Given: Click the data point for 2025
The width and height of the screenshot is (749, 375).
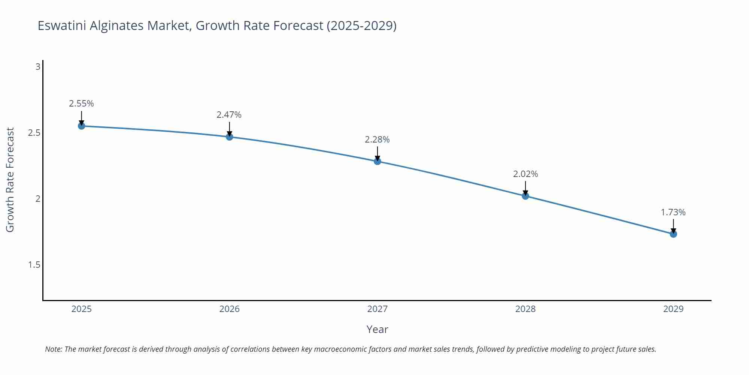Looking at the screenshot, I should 81,126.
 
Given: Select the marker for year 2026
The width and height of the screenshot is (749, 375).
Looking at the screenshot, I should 230,137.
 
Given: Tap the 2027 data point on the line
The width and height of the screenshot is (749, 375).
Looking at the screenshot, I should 377,161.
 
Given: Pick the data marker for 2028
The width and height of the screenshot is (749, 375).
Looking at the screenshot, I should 525,196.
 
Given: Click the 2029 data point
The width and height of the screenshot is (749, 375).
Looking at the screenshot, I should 673,234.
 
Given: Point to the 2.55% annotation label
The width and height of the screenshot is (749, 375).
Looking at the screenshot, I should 81,103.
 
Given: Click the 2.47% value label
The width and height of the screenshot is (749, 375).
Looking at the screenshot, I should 229,115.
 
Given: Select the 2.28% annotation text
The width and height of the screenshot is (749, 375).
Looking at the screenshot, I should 377,139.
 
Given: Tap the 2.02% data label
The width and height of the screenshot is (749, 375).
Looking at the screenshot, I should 525,174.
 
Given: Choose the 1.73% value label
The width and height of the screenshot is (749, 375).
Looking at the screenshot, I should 673,212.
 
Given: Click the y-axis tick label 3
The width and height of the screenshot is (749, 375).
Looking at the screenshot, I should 38,67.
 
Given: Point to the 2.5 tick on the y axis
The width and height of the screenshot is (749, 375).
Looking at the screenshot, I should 34,133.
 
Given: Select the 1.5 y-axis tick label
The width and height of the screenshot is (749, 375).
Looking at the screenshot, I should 34,265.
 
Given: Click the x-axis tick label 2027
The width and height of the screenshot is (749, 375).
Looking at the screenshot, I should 377,309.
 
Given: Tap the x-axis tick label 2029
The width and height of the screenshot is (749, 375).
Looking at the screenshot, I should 673,309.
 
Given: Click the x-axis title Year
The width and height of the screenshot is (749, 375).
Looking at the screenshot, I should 377,329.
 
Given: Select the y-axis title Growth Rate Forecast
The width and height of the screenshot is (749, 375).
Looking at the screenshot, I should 10,180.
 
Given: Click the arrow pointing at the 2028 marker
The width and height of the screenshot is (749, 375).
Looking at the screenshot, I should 525,187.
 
